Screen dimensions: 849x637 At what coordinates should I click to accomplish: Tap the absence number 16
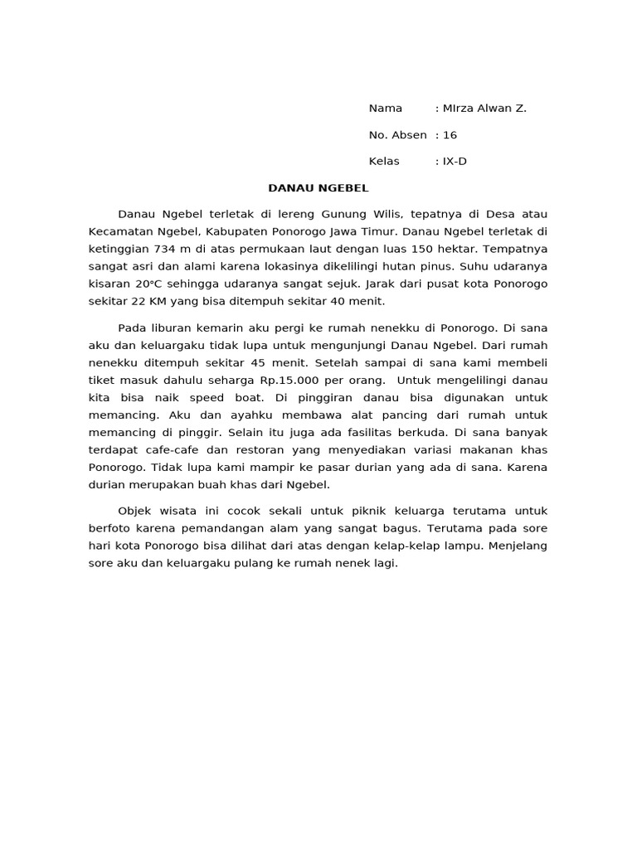(450, 135)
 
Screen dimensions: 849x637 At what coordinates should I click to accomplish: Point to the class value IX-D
(455, 162)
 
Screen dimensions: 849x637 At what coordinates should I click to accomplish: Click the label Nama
(385, 109)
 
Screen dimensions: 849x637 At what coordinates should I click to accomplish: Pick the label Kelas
(384, 162)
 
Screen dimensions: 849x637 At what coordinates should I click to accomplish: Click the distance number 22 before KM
(138, 302)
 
